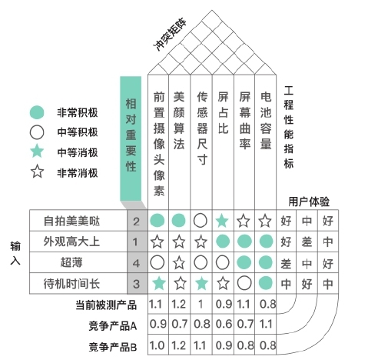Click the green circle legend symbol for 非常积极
pos(37,112)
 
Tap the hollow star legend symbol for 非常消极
pos(37,172)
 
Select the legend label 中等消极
pos(78,152)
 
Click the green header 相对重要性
pos(131,138)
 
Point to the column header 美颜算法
pos(179,121)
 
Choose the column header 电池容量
pos(266,121)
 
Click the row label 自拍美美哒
pos(71,221)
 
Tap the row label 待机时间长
pos(71,284)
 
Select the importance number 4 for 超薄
pos(136,263)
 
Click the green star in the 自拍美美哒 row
pos(222,221)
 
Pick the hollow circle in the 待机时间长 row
pos(244,283)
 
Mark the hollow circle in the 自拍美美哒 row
pos(201,221)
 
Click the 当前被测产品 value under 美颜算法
pos(178,305)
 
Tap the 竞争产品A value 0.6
pos(224,325)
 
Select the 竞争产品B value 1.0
pos(157,345)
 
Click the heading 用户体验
pos(309,202)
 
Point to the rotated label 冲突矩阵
pos(170,35)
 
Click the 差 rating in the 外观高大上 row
pos(307,242)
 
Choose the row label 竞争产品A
pos(113,326)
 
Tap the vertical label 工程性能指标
pos(289,128)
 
